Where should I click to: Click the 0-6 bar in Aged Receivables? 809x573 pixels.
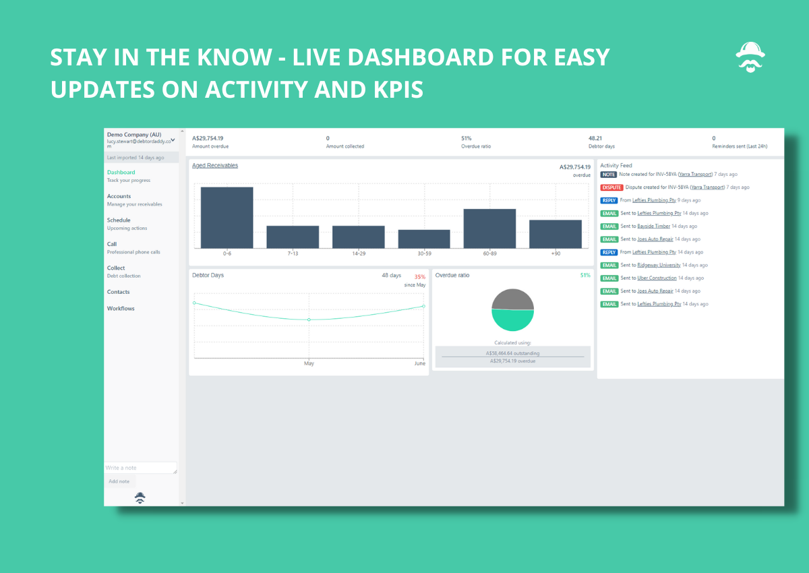227,217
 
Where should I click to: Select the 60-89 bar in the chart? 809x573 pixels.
489,229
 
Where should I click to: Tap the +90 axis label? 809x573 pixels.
556,253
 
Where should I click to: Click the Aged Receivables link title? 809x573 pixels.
215,165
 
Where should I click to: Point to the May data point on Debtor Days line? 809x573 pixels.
309,320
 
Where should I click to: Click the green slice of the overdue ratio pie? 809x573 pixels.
513,321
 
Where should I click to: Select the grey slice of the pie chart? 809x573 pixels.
513,299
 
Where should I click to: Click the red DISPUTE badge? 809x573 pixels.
611,187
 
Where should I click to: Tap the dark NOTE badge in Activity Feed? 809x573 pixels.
608,175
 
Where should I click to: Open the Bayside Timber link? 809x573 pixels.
653,226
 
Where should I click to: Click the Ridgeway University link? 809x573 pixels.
659,265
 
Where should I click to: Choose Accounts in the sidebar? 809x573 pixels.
119,196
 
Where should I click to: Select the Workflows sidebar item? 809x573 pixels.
121,308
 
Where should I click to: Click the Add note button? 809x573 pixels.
119,481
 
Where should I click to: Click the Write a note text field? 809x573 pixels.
140,468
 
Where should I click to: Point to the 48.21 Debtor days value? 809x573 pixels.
595,138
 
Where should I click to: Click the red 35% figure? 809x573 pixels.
419,277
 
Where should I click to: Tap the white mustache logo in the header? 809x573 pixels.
750,57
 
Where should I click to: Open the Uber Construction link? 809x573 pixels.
657,278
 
